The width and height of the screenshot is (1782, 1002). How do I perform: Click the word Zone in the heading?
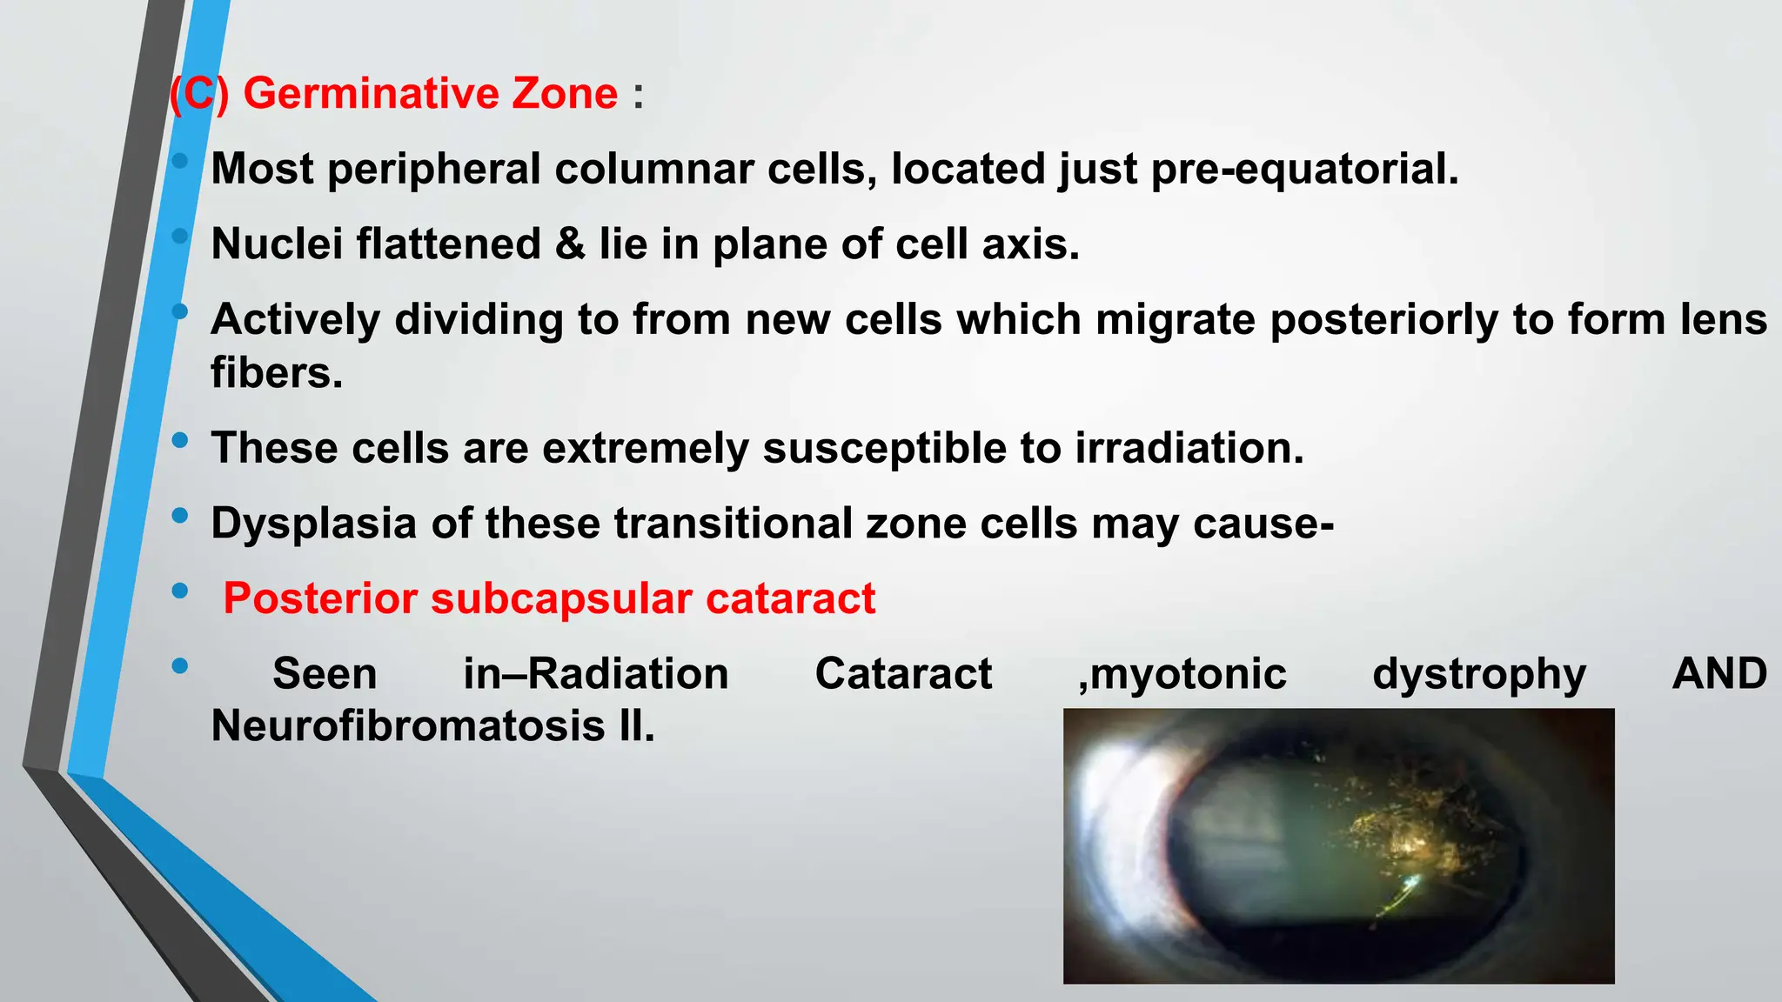tap(565, 93)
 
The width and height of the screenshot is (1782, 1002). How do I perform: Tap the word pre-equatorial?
tap(1304, 169)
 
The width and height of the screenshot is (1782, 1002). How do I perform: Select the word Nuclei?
tap(277, 244)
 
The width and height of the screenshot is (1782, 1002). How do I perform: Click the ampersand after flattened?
tap(569, 244)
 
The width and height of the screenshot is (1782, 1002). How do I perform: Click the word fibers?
tap(277, 373)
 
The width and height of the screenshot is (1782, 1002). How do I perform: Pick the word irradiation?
tap(1189, 449)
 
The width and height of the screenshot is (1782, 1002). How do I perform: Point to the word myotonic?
tap(1182, 675)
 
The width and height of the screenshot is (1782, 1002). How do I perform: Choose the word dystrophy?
tap(1479, 675)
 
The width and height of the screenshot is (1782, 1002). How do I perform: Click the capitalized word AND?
tap(1718, 673)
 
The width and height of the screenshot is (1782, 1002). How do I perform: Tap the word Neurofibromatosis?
tap(407, 726)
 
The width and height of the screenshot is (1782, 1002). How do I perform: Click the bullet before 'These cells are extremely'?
tap(180, 440)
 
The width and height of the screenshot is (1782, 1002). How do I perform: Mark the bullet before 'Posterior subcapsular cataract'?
tap(180, 591)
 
